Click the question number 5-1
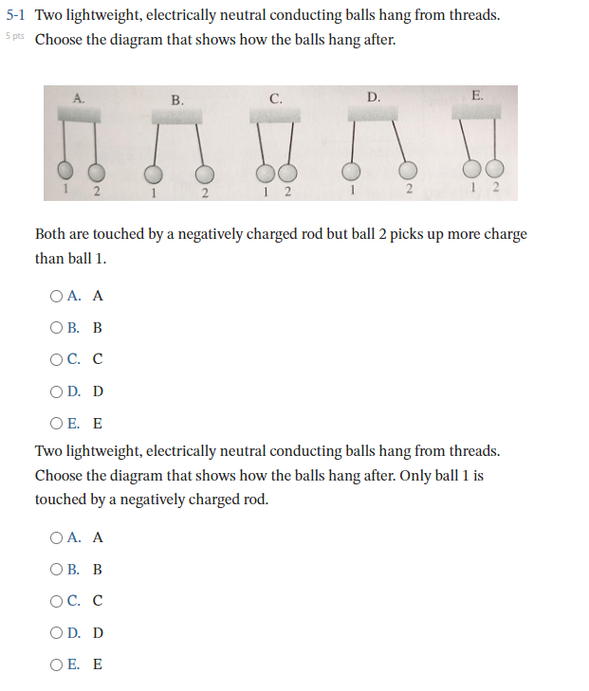pyautogui.click(x=17, y=16)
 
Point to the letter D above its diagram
pyautogui.click(x=373, y=97)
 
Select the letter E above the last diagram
pyautogui.click(x=476, y=95)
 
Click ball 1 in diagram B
pyautogui.click(x=153, y=173)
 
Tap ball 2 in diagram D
pyautogui.click(x=407, y=170)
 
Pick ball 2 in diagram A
pyautogui.click(x=95, y=173)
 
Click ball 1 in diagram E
pyautogui.click(x=471, y=170)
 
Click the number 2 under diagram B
pyautogui.click(x=203, y=194)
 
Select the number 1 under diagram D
pyautogui.click(x=352, y=192)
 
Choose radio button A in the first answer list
pyautogui.click(x=57, y=296)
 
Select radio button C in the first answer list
pyautogui.click(x=57, y=358)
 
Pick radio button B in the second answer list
pyautogui.click(x=57, y=569)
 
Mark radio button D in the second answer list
pyautogui.click(x=57, y=632)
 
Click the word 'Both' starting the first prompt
pyautogui.click(x=51, y=234)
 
